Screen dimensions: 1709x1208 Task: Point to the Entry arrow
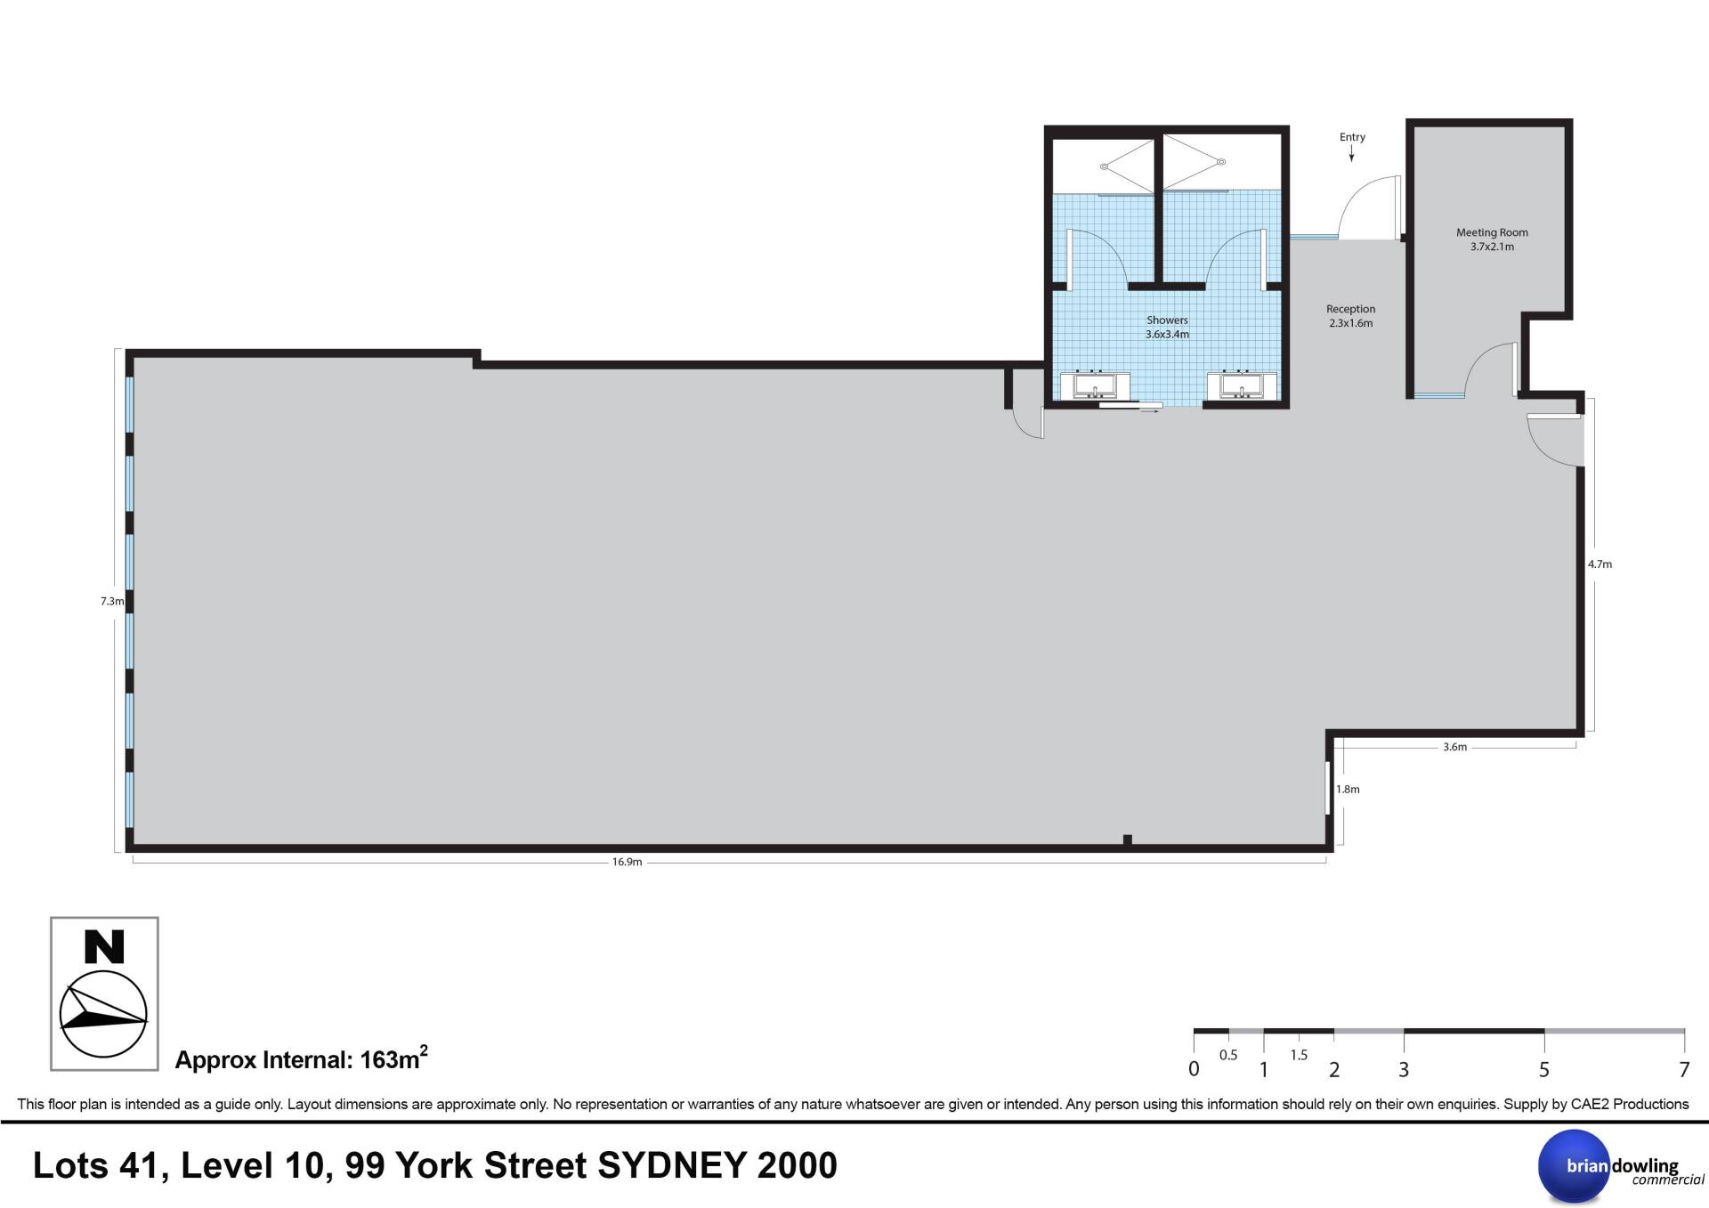pos(1351,154)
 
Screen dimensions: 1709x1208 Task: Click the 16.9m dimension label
pos(627,862)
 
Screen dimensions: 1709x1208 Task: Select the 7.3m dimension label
pos(112,601)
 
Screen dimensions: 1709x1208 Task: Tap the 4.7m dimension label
pos(1600,563)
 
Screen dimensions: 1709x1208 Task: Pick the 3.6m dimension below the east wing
pos(1454,747)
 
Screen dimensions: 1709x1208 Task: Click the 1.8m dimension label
pos(1348,789)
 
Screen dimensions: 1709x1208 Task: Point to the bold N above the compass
pos(104,946)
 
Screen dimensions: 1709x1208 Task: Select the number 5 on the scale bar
pos(1544,1069)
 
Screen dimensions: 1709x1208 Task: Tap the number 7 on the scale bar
pos(1684,1069)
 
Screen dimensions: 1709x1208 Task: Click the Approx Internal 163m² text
pos(302,1058)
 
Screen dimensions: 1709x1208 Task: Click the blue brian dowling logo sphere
pos(1575,1166)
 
